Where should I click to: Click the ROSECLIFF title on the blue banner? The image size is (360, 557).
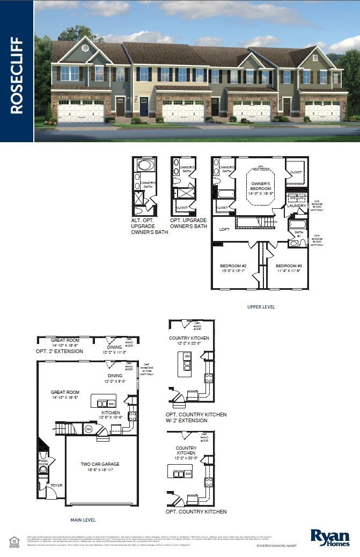coord(17,75)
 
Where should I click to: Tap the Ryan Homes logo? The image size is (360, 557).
coord(330,537)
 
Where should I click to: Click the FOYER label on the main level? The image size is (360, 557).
coord(57,486)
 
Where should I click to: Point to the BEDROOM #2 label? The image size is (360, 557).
coord(233,268)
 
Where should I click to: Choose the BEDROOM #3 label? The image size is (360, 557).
coord(288,268)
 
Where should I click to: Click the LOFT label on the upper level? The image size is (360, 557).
coord(224,229)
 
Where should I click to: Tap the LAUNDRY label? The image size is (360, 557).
coord(296,206)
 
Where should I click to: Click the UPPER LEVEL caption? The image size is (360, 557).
coord(261,307)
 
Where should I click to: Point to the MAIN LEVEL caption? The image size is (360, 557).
coord(83,520)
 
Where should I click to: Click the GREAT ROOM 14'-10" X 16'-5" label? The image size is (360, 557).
coord(65,395)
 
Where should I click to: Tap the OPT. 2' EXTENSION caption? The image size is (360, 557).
coord(60,351)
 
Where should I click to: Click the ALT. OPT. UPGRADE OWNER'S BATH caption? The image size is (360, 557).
coord(150,226)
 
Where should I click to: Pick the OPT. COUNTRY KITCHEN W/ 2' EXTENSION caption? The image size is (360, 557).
coord(196,417)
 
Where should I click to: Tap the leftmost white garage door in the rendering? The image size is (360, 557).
coord(81,111)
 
